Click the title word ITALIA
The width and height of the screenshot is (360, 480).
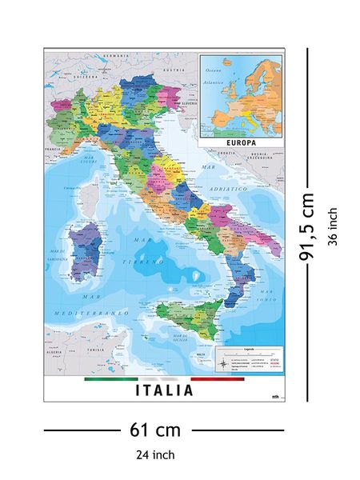coord(164,391)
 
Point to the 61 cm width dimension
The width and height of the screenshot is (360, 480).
coord(155,430)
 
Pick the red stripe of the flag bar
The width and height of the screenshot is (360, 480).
coord(218,379)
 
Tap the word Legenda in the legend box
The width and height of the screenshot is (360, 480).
coord(250,350)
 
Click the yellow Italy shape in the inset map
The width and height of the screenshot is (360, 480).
coord(250,119)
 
